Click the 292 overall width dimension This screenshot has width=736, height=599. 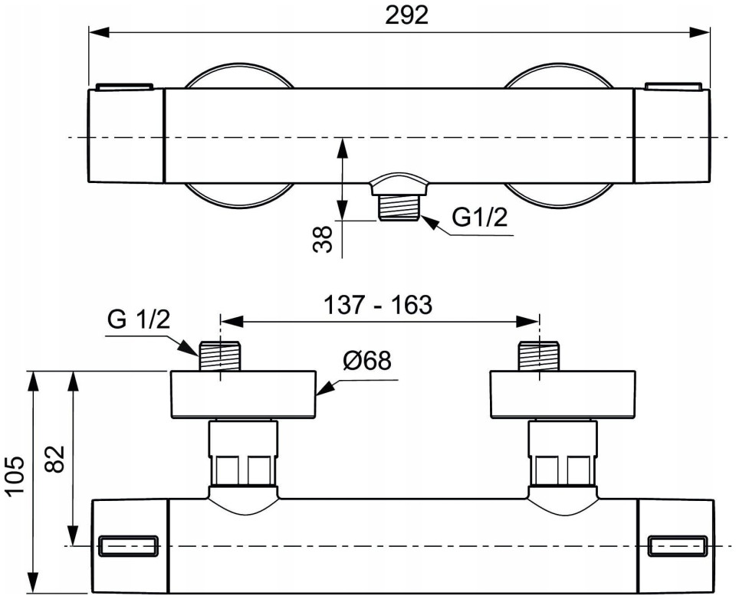[406, 16]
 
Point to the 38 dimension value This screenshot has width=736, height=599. [323, 239]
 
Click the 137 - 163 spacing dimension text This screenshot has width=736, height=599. [378, 305]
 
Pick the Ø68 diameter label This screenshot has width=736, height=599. [366, 361]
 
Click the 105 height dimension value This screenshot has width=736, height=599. [15, 475]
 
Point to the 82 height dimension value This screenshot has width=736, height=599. [55, 460]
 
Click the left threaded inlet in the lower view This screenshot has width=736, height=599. [220, 356]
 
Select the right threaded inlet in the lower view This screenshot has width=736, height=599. [539, 356]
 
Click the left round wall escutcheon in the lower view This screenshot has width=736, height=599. [243, 394]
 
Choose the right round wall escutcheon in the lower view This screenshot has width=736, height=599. [563, 394]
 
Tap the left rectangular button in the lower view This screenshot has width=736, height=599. [129, 545]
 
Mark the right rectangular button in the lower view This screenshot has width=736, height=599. [678, 545]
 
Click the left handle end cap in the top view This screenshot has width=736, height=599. [127, 135]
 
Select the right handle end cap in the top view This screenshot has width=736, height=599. [672, 135]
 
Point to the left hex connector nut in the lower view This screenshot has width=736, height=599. [243, 453]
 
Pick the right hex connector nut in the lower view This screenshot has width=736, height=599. [563, 453]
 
